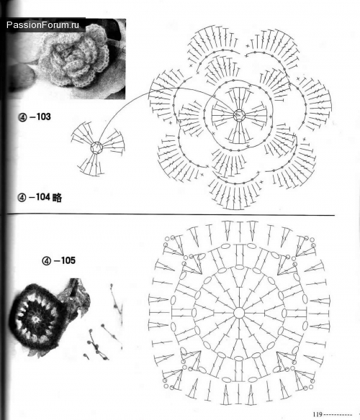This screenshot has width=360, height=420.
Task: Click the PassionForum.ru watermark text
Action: [42, 25]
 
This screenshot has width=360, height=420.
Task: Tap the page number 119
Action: [317, 414]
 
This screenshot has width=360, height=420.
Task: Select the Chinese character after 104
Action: [57, 197]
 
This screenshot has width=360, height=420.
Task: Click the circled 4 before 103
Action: [22, 117]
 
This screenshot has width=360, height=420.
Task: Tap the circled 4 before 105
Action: [47, 260]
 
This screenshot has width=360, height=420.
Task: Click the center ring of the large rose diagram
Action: [239, 116]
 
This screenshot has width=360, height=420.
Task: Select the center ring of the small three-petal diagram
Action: [96, 147]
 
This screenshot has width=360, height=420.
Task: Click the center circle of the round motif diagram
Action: [239, 313]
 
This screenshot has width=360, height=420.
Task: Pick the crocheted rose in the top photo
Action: [73, 57]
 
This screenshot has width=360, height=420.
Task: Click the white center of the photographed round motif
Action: [35, 319]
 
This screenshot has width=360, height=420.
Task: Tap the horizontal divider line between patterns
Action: [171, 214]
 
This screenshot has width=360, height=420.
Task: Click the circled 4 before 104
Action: [22, 198]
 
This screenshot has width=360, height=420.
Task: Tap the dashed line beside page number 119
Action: [338, 415]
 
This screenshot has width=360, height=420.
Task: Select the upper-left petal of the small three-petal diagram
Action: [82, 133]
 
